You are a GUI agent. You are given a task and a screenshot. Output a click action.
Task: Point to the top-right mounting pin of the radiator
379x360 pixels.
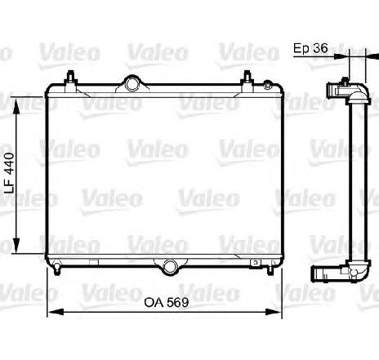click(x=246, y=78)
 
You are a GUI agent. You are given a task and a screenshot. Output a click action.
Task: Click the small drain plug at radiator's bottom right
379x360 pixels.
click(x=256, y=263)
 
